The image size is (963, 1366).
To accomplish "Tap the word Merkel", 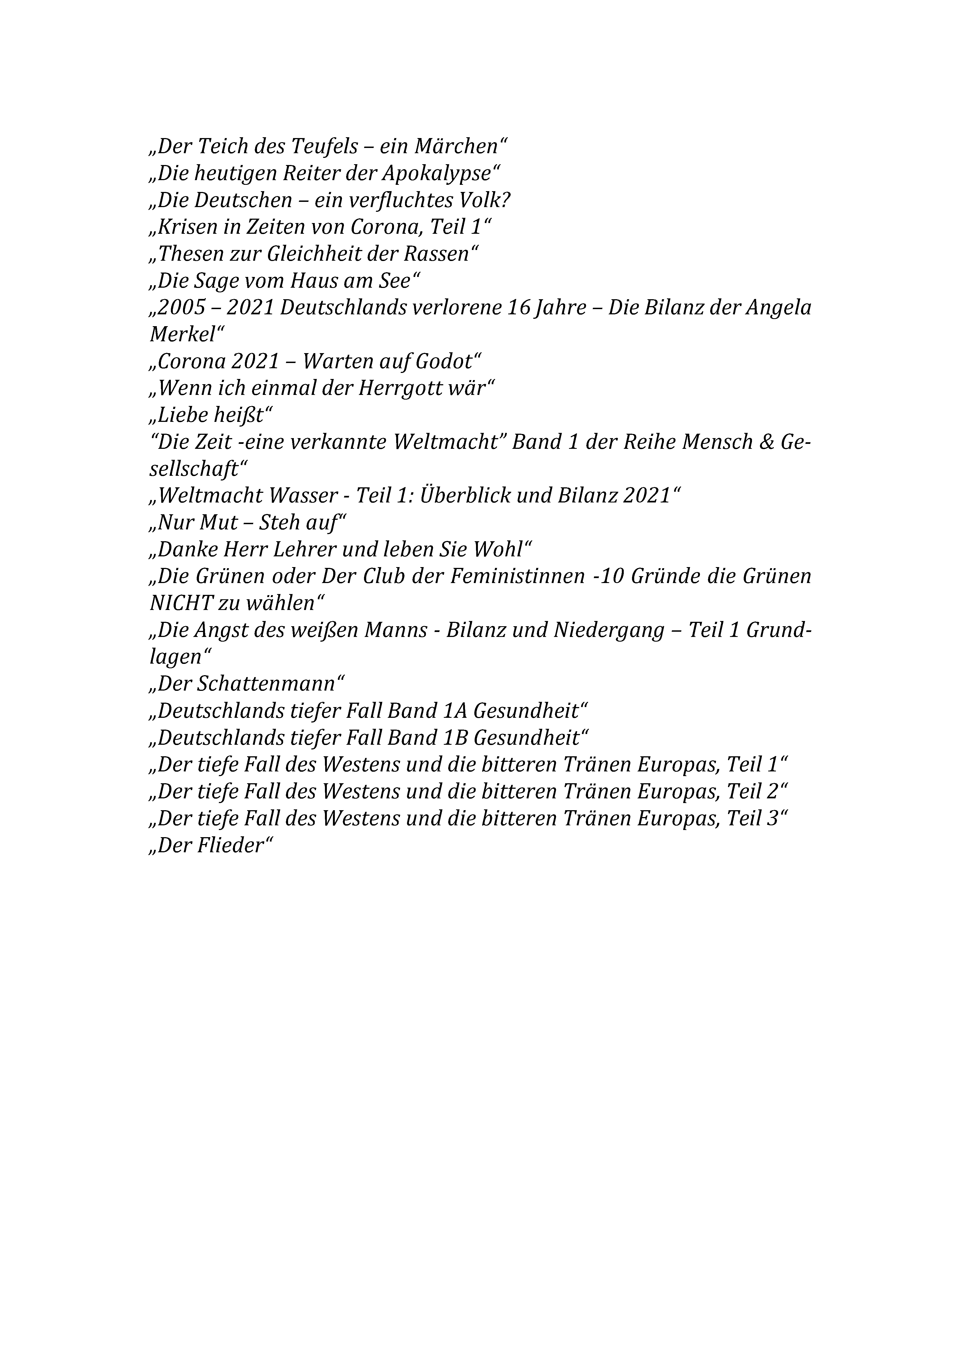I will pos(182,335).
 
